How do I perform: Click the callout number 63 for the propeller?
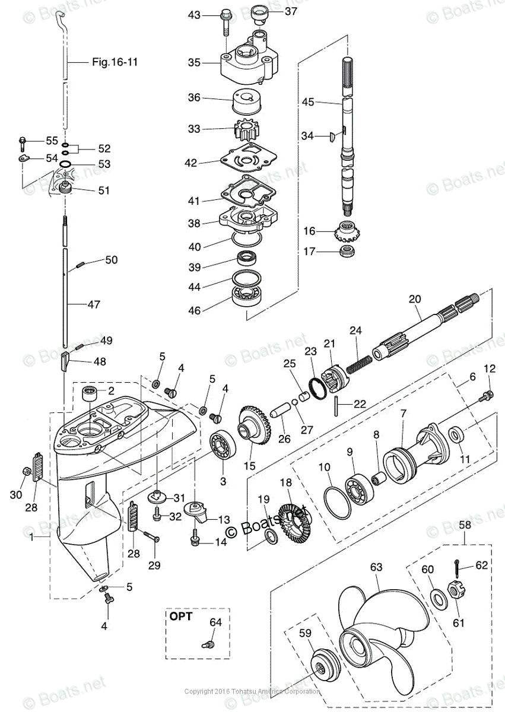coord(377,568)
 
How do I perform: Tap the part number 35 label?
coord(195,62)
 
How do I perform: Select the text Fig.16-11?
coord(115,62)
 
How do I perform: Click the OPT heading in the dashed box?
coord(180,616)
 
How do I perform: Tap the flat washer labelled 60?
coord(438,597)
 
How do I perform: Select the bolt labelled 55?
coord(23,141)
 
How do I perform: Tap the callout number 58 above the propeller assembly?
coord(465,526)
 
